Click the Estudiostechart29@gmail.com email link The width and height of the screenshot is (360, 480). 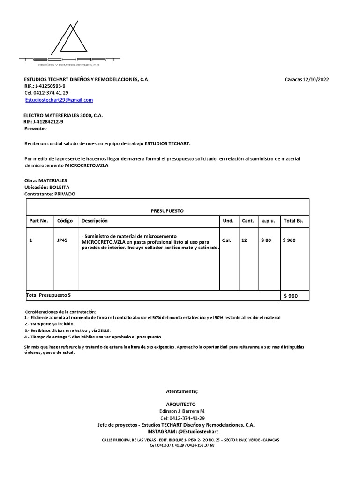[59, 100]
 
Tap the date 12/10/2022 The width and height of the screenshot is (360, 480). [316, 79]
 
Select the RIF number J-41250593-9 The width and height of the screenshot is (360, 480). [50, 86]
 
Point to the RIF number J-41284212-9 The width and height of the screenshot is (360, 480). [48, 121]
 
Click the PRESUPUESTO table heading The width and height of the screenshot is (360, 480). [167, 211]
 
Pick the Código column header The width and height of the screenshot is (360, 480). [65, 221]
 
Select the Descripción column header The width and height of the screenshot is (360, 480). [95, 221]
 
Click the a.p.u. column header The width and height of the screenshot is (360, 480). [268, 221]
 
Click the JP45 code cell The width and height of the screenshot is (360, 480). [62, 240]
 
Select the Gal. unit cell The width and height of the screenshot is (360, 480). [227, 240]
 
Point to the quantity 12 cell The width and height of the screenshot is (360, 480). [244, 240]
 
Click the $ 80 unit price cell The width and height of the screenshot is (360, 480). [266, 240]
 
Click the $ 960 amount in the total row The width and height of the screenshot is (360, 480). [290, 296]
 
